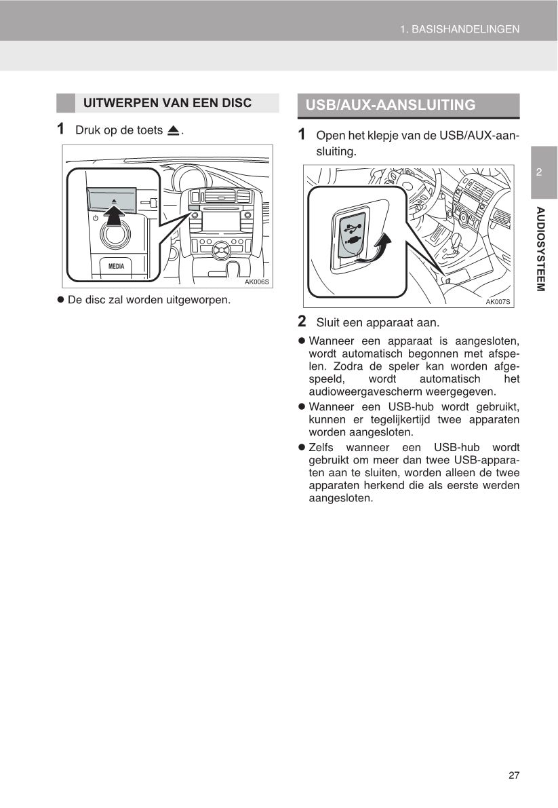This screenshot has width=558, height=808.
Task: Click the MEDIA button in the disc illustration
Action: tap(116, 266)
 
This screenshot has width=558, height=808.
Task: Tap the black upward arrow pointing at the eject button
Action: tap(116, 216)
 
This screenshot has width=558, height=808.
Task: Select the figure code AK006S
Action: tap(257, 282)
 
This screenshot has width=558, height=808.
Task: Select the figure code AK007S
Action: tap(498, 302)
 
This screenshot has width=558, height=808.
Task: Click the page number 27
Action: tap(513, 775)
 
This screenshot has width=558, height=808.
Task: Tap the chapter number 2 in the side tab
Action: tap(539, 172)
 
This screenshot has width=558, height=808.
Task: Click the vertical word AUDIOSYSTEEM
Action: tap(540, 248)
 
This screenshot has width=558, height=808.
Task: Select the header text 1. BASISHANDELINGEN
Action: tap(460, 29)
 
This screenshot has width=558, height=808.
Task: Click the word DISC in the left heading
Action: tap(237, 103)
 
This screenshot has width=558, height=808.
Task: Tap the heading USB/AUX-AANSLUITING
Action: tap(391, 105)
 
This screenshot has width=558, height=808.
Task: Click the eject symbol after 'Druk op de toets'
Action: tap(174, 130)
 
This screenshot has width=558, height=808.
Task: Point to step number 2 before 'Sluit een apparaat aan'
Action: tap(302, 321)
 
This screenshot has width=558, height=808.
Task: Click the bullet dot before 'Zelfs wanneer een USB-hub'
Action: tap(302, 448)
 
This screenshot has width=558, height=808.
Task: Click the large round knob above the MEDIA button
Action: tap(115, 237)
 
